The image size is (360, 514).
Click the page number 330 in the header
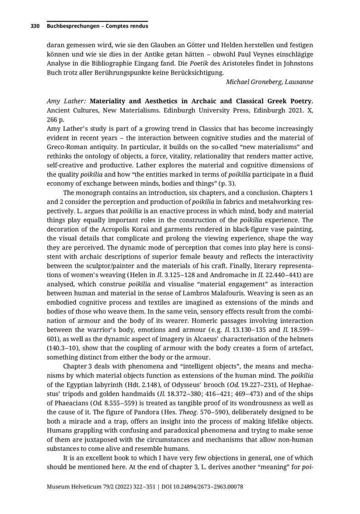[x=35, y=26]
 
